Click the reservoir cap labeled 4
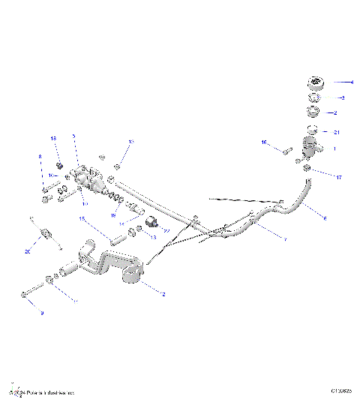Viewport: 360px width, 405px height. pyautogui.click(x=313, y=83)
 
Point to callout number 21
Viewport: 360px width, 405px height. pyautogui.click(x=337, y=132)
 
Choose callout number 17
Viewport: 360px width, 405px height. pyautogui.click(x=339, y=178)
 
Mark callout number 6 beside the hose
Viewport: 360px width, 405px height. pyautogui.click(x=325, y=217)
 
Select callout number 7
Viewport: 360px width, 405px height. pyautogui.click(x=285, y=239)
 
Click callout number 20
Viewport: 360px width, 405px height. pyautogui.click(x=28, y=253)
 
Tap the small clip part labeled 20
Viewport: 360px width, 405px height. pyautogui.click(x=44, y=235)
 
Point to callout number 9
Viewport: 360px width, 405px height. pyautogui.click(x=41, y=312)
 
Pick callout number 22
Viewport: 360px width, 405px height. pyautogui.click(x=167, y=231)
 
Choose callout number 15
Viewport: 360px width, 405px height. pyautogui.click(x=83, y=219)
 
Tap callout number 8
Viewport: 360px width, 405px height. pyautogui.click(x=40, y=157)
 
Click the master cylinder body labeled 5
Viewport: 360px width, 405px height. pyautogui.click(x=90, y=179)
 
